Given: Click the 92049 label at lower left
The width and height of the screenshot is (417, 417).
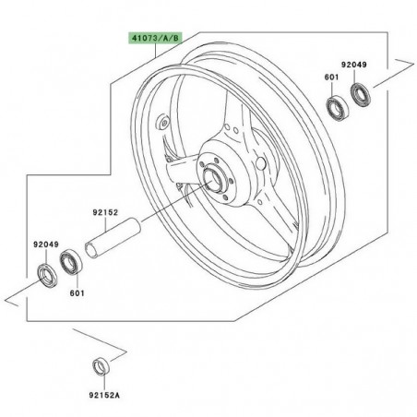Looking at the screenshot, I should (44, 244).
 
